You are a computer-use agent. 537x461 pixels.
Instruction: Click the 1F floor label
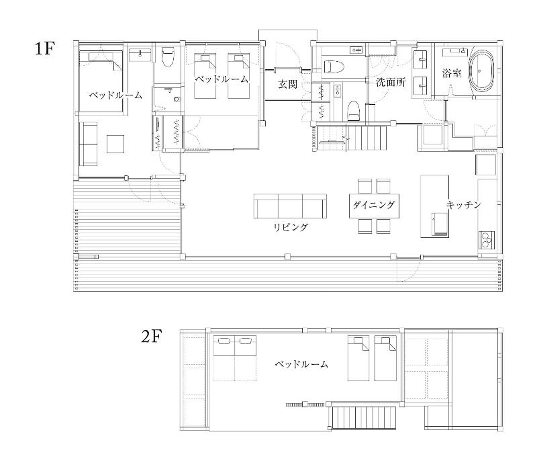pyautogui.click(x=45, y=48)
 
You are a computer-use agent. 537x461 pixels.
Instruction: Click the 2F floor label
pyautogui.click(x=152, y=337)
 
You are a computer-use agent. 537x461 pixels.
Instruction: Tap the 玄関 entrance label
pyautogui.click(x=287, y=84)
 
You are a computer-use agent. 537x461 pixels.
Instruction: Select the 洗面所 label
pyautogui.click(x=391, y=82)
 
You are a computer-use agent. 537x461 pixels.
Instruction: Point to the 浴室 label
pyautogui.click(x=451, y=73)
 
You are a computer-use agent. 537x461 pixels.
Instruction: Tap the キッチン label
pyautogui.click(x=463, y=205)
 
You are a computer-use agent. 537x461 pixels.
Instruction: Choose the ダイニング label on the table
pyautogui.click(x=374, y=205)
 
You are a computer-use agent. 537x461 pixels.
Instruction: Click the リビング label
pyautogui.click(x=291, y=227)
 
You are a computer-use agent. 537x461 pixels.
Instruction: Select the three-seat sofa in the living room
pyautogui.click(x=290, y=206)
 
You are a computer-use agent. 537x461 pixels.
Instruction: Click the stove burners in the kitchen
pyautogui.click(x=487, y=240)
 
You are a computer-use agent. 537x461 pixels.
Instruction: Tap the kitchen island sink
pyautogui.click(x=440, y=224)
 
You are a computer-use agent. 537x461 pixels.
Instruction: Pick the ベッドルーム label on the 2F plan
pyautogui.click(x=301, y=364)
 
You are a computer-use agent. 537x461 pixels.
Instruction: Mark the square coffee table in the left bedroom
pyautogui.click(x=115, y=144)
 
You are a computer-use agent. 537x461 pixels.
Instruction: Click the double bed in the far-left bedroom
pyautogui.click(x=101, y=81)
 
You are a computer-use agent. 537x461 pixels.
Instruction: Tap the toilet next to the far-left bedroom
pyautogui.click(x=168, y=57)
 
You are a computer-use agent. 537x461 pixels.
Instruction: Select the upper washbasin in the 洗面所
pyautogui.click(x=421, y=59)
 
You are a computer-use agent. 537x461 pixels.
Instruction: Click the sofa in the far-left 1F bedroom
pyautogui.click(x=89, y=144)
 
